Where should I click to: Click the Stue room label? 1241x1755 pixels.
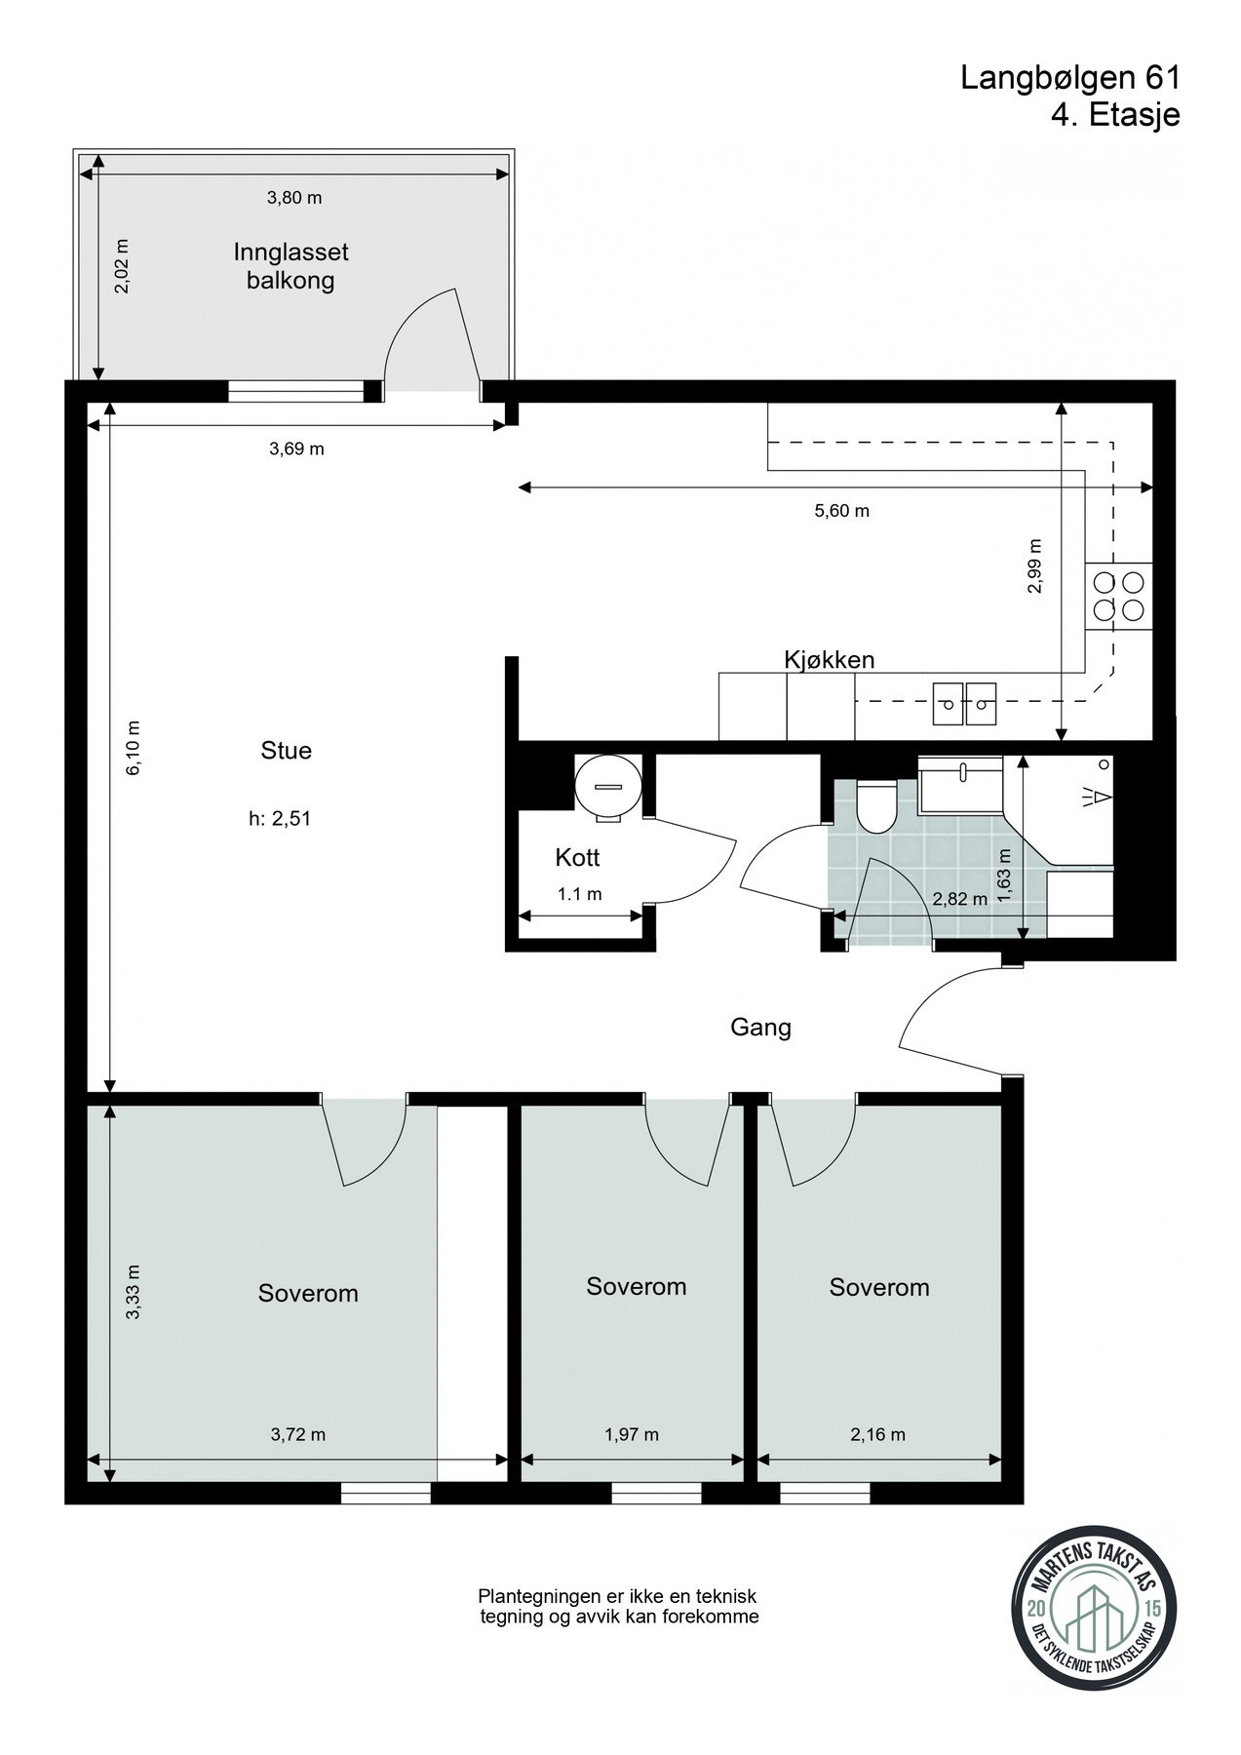[x=286, y=751]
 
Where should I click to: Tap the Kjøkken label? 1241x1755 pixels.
[x=830, y=660]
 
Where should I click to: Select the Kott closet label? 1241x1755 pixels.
[x=577, y=858]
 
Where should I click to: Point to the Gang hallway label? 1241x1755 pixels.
[x=760, y=1028]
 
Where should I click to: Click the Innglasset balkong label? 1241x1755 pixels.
[x=291, y=266]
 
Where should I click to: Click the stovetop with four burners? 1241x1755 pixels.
[x=1118, y=597]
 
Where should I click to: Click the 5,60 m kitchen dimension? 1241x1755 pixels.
[x=841, y=510]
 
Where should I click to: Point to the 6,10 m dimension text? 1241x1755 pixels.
[x=134, y=748]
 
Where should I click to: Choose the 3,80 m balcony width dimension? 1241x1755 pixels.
[x=294, y=198]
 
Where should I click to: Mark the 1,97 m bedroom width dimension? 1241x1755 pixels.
[x=632, y=1434]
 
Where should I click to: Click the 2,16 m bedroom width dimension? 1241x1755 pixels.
[x=877, y=1434]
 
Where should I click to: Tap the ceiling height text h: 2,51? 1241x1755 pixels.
[x=280, y=819]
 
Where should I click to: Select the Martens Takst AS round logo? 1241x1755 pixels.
[x=1090, y=1624]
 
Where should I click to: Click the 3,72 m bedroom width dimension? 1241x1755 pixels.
[x=297, y=1434]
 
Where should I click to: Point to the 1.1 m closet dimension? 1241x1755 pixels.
[x=579, y=894]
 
